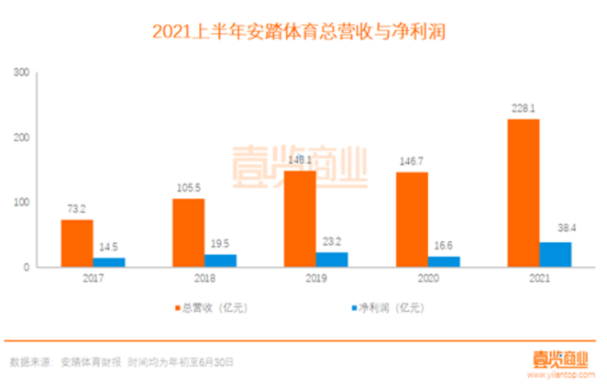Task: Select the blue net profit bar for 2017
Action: click(x=109, y=262)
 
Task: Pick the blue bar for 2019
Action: click(x=331, y=260)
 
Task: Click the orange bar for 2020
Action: click(x=411, y=219)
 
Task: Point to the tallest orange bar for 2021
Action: click(x=523, y=193)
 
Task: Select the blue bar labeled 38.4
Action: click(x=555, y=254)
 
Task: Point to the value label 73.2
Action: click(x=77, y=208)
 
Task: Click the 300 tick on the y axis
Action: click(x=22, y=72)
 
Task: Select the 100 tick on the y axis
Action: click(x=22, y=203)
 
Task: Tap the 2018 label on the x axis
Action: click(x=204, y=278)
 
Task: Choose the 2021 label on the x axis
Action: click(x=538, y=278)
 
